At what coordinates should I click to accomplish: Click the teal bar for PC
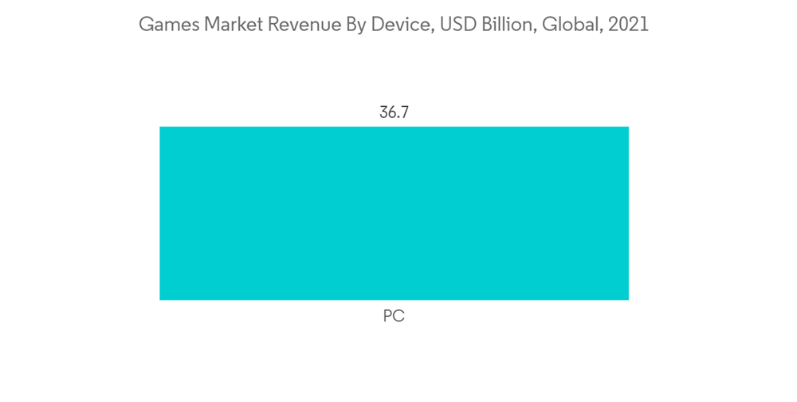click(x=394, y=213)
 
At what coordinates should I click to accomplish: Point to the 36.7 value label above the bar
click(x=394, y=112)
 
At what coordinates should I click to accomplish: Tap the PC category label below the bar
click(x=394, y=317)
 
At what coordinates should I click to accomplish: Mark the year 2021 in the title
click(x=629, y=25)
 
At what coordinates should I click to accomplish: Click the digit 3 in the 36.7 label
click(x=383, y=112)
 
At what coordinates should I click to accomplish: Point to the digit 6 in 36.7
click(x=392, y=112)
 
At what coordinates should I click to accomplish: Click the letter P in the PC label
click(x=388, y=317)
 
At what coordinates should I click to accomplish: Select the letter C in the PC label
click(x=399, y=317)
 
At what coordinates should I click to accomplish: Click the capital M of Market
click(x=212, y=25)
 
